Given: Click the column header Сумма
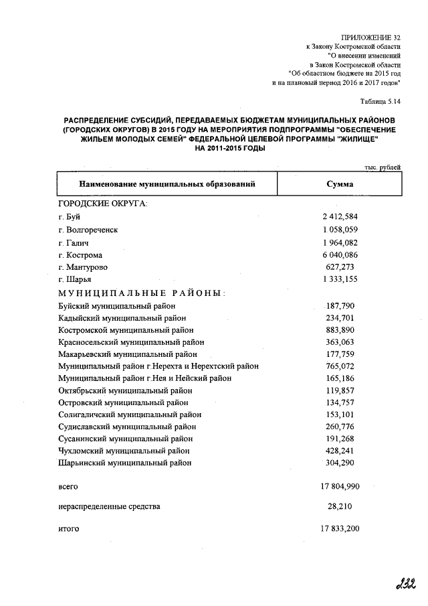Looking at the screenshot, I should tap(340, 183).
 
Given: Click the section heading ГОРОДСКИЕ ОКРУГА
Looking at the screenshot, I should tap(102, 203).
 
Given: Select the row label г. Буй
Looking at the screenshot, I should tap(69, 216).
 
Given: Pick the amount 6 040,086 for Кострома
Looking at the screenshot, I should tap(340, 254).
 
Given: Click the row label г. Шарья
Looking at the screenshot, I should tap(74, 279).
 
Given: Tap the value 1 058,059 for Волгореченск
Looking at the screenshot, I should tap(340, 229).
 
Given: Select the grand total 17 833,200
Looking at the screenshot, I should tap(340, 528).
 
